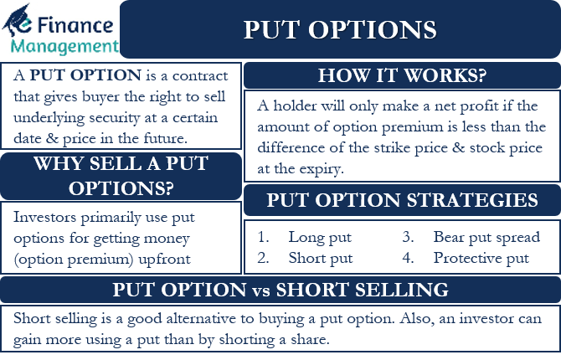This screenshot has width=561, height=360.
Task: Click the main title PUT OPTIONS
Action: click(x=340, y=29)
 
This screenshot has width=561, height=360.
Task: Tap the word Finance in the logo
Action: click(x=75, y=25)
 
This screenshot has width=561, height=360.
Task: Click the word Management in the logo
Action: click(x=64, y=47)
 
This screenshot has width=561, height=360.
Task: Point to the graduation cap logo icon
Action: click(x=18, y=20)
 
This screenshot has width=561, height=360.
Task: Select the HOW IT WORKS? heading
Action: click(x=402, y=75)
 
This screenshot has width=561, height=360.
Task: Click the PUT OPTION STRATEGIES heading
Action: click(x=402, y=200)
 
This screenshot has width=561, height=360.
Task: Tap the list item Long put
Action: click(x=320, y=238)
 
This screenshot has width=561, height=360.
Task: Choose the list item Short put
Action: click(x=321, y=259)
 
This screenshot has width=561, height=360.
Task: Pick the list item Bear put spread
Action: click(x=486, y=238)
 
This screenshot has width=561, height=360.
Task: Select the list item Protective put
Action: click(x=481, y=259)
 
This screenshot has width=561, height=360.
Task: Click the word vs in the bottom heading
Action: click(x=260, y=291)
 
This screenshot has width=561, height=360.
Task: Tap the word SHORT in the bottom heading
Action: click(x=311, y=290)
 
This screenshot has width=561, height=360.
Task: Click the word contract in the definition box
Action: click(x=200, y=76)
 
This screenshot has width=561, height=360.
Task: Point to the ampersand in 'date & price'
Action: click(x=52, y=138)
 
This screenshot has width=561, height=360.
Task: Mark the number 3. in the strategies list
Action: click(x=408, y=237)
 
